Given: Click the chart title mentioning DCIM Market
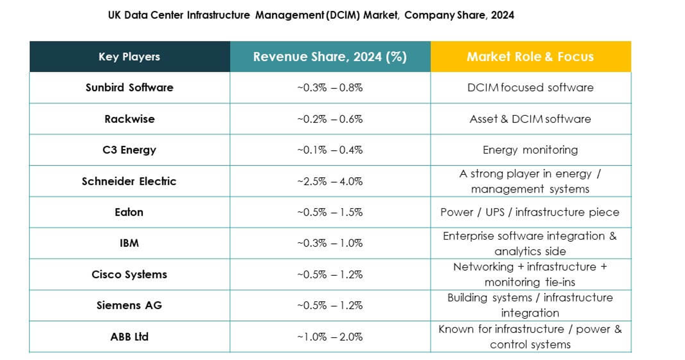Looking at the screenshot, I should pyautogui.click(x=311, y=15).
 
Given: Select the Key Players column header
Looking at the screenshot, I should pyautogui.click(x=129, y=57).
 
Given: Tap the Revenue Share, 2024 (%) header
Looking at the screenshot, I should pyautogui.click(x=330, y=57).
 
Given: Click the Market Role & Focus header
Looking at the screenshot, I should pyautogui.click(x=530, y=57).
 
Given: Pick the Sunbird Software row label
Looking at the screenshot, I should pyautogui.click(x=129, y=87).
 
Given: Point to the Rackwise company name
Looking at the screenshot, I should pyautogui.click(x=129, y=119).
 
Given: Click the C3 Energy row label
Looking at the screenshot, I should pyautogui.click(x=129, y=150).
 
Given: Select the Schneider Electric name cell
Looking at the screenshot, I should pyautogui.click(x=129, y=181).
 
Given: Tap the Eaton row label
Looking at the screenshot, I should pyautogui.click(x=129, y=212).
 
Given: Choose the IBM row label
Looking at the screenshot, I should pyautogui.click(x=129, y=243).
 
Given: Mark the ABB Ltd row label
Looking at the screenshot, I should pyautogui.click(x=129, y=336).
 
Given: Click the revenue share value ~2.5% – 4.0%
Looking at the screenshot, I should pyautogui.click(x=330, y=181).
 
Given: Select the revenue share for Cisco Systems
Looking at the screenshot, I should pyautogui.click(x=330, y=274).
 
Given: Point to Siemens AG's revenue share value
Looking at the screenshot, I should pyautogui.click(x=330, y=305).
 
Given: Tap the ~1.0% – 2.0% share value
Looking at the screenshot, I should pyautogui.click(x=330, y=336).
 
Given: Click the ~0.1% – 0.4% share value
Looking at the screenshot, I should pyautogui.click(x=330, y=150).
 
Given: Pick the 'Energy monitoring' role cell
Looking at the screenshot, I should pyautogui.click(x=530, y=150).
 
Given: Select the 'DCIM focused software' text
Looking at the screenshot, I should pyautogui.click(x=530, y=87).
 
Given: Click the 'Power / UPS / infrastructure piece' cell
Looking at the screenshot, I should pyautogui.click(x=530, y=212).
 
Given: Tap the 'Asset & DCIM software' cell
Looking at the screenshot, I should pyautogui.click(x=530, y=119).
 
